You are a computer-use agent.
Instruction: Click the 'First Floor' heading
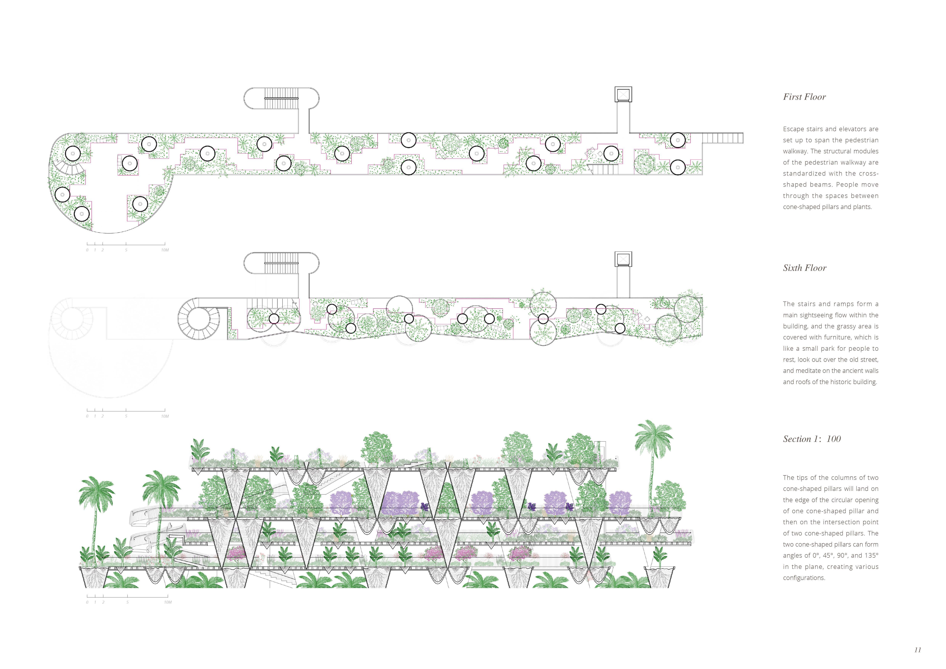pyautogui.click(x=804, y=97)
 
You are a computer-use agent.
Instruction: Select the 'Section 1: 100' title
pyautogui.click(x=812, y=439)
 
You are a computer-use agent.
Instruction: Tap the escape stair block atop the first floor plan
pyautogui.click(x=281, y=98)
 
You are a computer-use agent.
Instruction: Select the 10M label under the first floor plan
pyautogui.click(x=165, y=250)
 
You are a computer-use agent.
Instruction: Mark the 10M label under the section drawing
pyautogui.click(x=168, y=602)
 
